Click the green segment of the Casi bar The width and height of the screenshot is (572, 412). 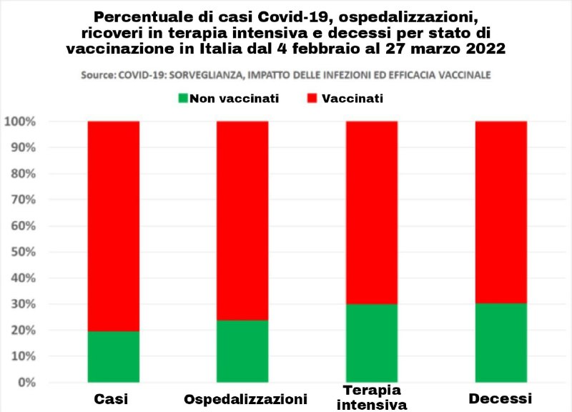pos(114,356)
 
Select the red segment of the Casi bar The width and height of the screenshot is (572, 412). pos(114,226)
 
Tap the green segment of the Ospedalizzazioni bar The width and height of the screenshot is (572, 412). pos(242,350)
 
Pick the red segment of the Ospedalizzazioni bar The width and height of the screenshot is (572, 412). pos(242,220)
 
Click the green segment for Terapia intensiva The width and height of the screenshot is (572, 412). pos(372,343)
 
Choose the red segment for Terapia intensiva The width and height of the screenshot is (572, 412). pos(372,212)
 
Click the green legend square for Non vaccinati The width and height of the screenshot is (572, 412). pos(184,97)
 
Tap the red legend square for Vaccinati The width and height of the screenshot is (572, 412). pos(312,97)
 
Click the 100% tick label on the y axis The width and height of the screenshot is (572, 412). pos(20,122)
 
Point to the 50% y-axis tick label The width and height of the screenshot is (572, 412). pos(23,252)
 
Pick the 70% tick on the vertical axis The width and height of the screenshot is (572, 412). pos(23,200)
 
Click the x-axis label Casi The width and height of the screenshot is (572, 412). pos(114,398)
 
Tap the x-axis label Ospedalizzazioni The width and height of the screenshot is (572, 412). pos(245,398)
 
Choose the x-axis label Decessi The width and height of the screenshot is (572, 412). pos(501,398)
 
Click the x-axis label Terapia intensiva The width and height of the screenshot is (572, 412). pos(371,397)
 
